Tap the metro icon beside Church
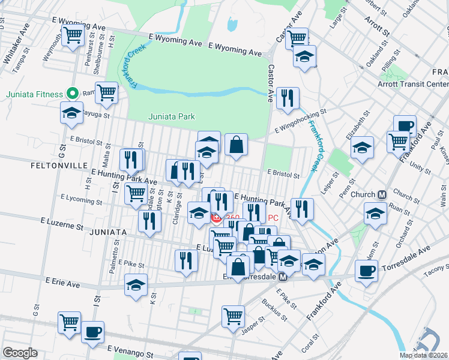pyautogui.click(x=382, y=194)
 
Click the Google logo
pyautogui.click(x=20, y=353)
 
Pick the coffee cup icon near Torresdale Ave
pyautogui.click(x=366, y=271)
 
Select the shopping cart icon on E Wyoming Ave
pyautogui.click(x=73, y=34)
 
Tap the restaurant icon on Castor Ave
pyautogui.click(x=288, y=97)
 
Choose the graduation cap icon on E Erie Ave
pyautogui.click(x=136, y=284)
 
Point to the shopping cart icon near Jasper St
pyautogui.click(x=233, y=316)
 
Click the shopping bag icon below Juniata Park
pyautogui.click(x=237, y=145)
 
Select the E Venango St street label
pyautogui.click(x=130, y=348)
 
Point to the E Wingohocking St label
pyautogui.click(x=300, y=120)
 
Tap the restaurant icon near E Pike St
pyautogui.click(x=186, y=260)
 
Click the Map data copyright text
pyautogui.click(x=423, y=355)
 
